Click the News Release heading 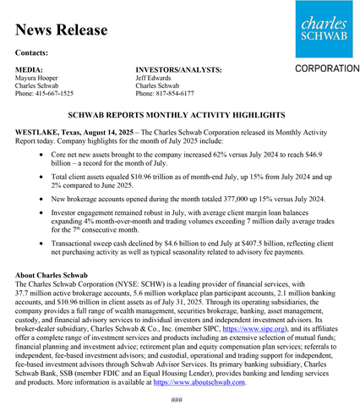pos(62,30)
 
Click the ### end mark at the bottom pos(177,399)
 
